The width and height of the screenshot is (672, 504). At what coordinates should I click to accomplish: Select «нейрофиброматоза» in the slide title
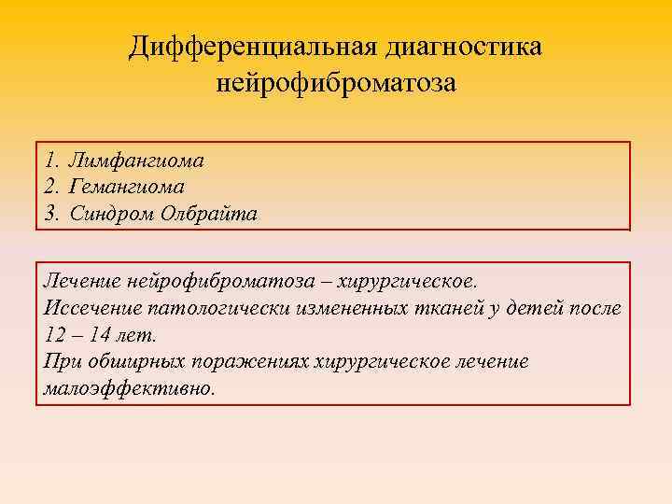coord(336,84)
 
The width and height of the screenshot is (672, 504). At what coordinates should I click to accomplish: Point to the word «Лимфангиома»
coord(136,161)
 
